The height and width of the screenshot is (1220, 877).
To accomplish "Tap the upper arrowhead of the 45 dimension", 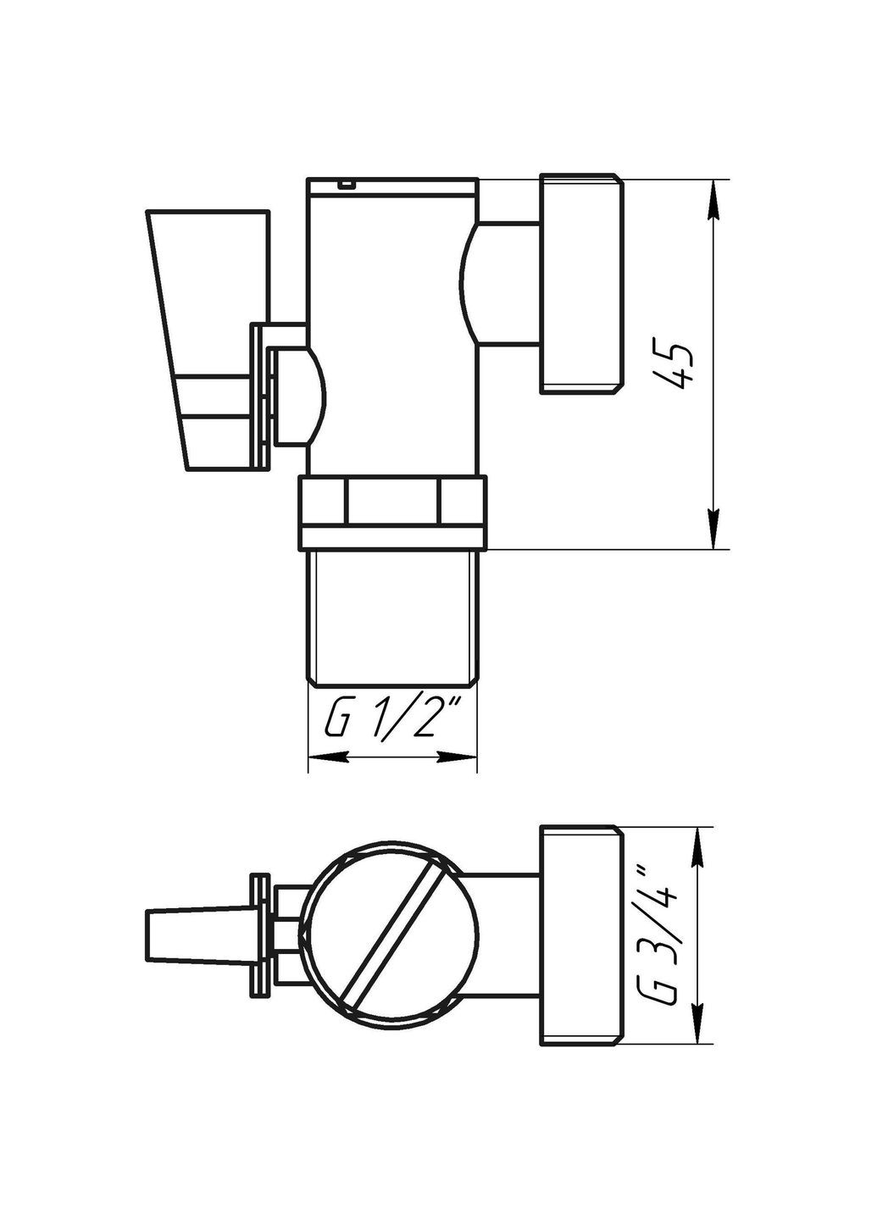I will (714, 197).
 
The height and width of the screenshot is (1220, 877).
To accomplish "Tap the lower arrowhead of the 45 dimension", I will (714, 532).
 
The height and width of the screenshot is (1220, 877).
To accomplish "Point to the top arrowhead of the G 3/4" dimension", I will (698, 844).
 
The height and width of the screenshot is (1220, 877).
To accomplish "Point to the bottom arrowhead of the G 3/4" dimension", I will (698, 1027).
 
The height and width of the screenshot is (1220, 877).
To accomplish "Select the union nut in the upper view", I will (581, 284).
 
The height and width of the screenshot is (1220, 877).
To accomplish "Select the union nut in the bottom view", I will (581, 935).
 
